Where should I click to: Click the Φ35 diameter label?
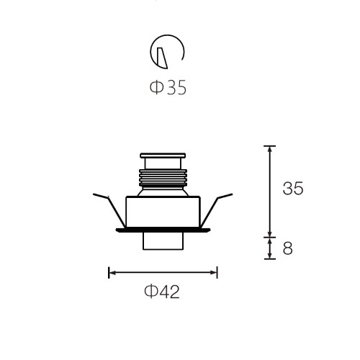[168, 88]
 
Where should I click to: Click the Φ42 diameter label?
[162, 292]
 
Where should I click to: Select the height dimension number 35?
[293, 188]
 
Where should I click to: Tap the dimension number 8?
[288, 248]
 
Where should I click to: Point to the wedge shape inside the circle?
[162, 58]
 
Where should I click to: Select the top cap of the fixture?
[163, 156]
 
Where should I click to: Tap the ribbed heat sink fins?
[163, 178]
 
